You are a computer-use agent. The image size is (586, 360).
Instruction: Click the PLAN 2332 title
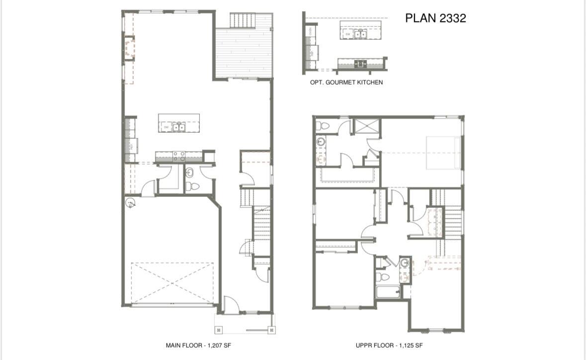point(435,18)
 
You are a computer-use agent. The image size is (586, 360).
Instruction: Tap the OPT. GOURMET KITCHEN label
point(346,82)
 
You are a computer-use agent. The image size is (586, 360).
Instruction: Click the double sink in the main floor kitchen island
point(179,127)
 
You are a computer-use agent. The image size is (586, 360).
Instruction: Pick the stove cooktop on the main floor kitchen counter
point(179,155)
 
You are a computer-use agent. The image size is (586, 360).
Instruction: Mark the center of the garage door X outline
point(172,282)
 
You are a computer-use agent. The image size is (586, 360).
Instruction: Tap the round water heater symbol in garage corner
point(130,202)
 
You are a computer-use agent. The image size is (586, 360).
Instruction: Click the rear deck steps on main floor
point(243,20)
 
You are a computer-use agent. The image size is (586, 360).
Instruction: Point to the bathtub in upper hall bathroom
point(388,291)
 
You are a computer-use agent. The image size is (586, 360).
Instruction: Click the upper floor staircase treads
point(452,219)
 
